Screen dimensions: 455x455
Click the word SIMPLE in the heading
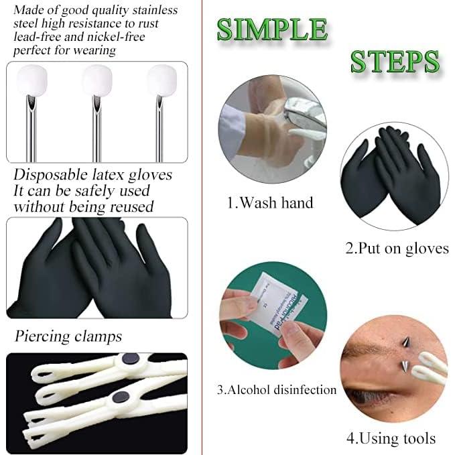coord(272,29)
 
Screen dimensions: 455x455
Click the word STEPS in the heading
coord(395,61)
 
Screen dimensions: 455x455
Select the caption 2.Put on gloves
coord(397,248)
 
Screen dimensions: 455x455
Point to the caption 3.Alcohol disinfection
coord(276,389)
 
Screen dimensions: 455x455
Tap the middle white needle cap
coord(96,80)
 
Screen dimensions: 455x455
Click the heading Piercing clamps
coord(68,334)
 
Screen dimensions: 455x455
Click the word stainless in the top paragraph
coord(153,11)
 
